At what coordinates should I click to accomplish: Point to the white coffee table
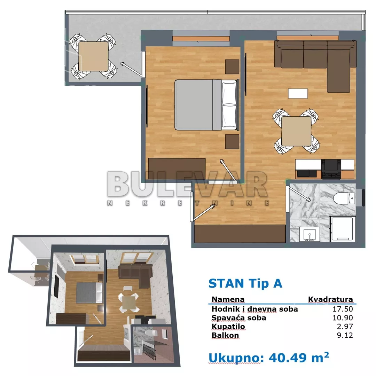[x=298, y=94]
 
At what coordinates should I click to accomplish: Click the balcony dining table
[x=94, y=56]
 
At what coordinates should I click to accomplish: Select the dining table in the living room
[x=296, y=131]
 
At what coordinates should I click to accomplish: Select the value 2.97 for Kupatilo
[x=346, y=327]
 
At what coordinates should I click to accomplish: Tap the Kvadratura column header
[x=330, y=299]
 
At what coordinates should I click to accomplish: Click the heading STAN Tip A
[x=245, y=283]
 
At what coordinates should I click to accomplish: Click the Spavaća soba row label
[x=239, y=318]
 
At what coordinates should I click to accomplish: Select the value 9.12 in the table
[x=346, y=335]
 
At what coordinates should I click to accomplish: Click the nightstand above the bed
[x=232, y=67]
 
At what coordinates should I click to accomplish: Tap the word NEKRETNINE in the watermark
[x=188, y=203]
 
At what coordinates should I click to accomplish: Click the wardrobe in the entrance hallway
[x=240, y=234]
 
